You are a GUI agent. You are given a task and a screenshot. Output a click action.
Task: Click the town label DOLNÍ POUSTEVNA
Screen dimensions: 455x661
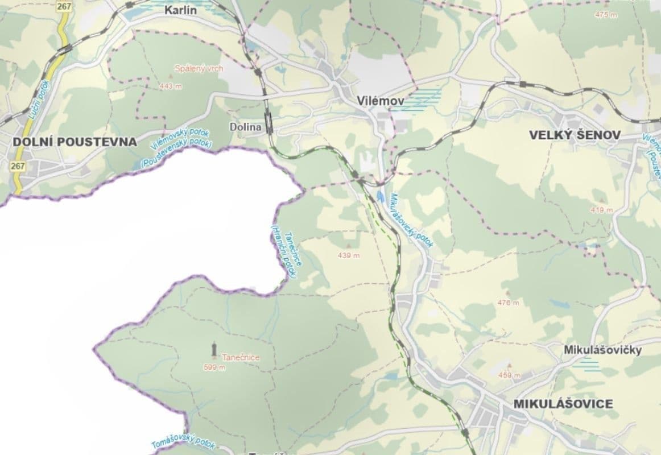[75, 142]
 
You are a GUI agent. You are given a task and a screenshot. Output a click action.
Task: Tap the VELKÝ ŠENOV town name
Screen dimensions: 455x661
[575, 135]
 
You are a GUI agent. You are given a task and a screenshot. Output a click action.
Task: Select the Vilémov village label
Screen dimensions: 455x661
[381, 101]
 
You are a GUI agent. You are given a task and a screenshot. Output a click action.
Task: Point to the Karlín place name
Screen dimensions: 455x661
[184, 10]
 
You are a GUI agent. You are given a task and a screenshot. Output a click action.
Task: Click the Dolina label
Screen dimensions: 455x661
[246, 127]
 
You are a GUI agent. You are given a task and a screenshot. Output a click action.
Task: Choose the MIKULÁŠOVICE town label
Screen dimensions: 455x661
[563, 404]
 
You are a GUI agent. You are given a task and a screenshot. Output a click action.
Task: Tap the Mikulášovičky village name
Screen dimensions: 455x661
[602, 350]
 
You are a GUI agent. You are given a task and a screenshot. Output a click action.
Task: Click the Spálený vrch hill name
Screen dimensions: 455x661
[199, 69]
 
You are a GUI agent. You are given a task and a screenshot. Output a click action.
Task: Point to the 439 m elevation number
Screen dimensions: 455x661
[349, 255]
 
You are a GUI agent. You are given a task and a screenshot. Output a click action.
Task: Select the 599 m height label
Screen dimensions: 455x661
[214, 367]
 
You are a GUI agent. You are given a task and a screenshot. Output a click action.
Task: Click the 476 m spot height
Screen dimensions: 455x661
[508, 303]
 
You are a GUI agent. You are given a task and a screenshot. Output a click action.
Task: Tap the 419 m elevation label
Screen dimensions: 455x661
[601, 210]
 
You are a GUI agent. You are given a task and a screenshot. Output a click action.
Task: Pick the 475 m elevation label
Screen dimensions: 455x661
[605, 15]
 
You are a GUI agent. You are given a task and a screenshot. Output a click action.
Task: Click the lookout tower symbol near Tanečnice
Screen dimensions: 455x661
[213, 348]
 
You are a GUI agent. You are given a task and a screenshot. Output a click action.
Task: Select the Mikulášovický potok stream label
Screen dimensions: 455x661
[411, 221]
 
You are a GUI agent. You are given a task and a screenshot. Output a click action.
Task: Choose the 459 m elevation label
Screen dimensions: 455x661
[509, 375]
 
